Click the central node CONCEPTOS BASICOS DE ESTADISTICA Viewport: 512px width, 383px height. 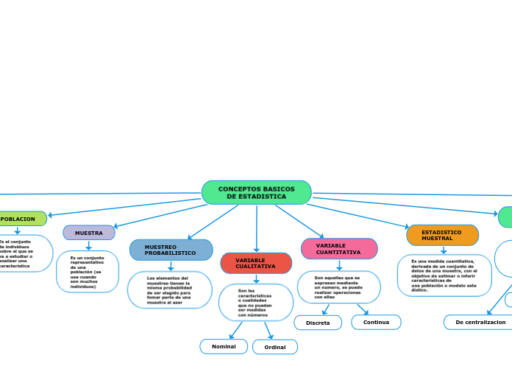pyautogui.click(x=256, y=192)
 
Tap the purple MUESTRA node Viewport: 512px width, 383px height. pyautogui.click(x=89, y=233)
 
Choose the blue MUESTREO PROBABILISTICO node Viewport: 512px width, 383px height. pyautogui.click(x=171, y=250)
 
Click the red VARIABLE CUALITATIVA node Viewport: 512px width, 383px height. pyautogui.click(x=256, y=263)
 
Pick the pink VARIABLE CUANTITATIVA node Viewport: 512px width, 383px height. pyautogui.click(x=339, y=249)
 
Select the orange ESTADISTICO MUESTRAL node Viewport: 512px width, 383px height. pyautogui.click(x=442, y=235)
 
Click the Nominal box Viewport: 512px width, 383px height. pyautogui.click(x=224, y=346)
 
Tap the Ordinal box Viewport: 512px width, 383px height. pyautogui.click(x=275, y=347)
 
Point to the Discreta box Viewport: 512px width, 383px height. pyautogui.click(x=318, y=323)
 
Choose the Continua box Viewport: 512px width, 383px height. pyautogui.click(x=376, y=322)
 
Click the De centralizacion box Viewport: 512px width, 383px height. pyautogui.click(x=480, y=322)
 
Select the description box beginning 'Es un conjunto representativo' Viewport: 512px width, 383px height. pyautogui.click(x=88, y=271)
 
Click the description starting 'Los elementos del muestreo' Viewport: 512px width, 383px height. pyautogui.click(x=169, y=290)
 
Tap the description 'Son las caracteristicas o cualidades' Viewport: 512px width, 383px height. pyautogui.click(x=255, y=303)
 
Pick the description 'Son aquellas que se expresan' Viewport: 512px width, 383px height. pyautogui.click(x=338, y=287)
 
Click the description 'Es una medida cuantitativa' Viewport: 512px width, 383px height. pyautogui.click(x=444, y=275)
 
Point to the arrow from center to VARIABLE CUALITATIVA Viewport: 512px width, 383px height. pyautogui.click(x=256, y=228)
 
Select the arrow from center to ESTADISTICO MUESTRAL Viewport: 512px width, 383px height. pyautogui.click(x=360, y=216)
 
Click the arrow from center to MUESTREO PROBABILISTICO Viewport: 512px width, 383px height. pyautogui.click(x=213, y=222)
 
